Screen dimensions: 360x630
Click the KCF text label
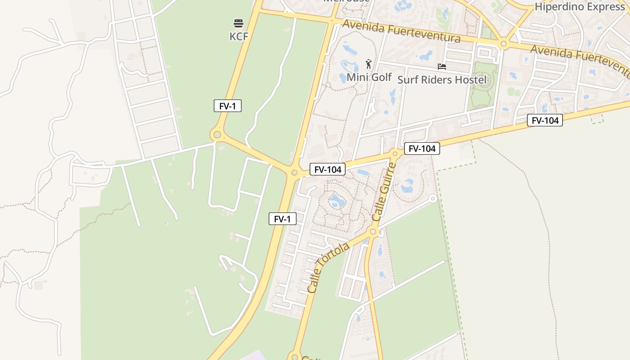(238, 36)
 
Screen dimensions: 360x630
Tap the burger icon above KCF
(238, 23)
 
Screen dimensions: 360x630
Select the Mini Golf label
(369, 77)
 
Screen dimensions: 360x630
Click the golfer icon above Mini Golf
(369, 64)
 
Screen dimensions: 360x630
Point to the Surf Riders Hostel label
(442, 80)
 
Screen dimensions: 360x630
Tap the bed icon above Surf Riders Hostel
(442, 67)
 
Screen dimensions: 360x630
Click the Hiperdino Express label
(580, 7)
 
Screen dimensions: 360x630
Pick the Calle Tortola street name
(328, 268)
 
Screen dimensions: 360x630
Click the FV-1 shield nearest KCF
(228, 106)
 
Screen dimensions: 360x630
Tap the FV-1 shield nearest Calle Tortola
(283, 219)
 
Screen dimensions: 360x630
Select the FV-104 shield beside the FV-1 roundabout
(328, 170)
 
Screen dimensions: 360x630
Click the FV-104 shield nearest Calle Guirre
(422, 148)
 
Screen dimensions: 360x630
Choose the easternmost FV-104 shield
(545, 120)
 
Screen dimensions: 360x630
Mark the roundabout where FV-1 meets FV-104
(294, 172)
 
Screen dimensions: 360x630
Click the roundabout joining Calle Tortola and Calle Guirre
(373, 232)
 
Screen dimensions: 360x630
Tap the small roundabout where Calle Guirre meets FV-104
(395, 153)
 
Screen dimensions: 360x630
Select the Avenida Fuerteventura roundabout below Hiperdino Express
(503, 44)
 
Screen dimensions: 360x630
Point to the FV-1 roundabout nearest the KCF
(217, 134)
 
